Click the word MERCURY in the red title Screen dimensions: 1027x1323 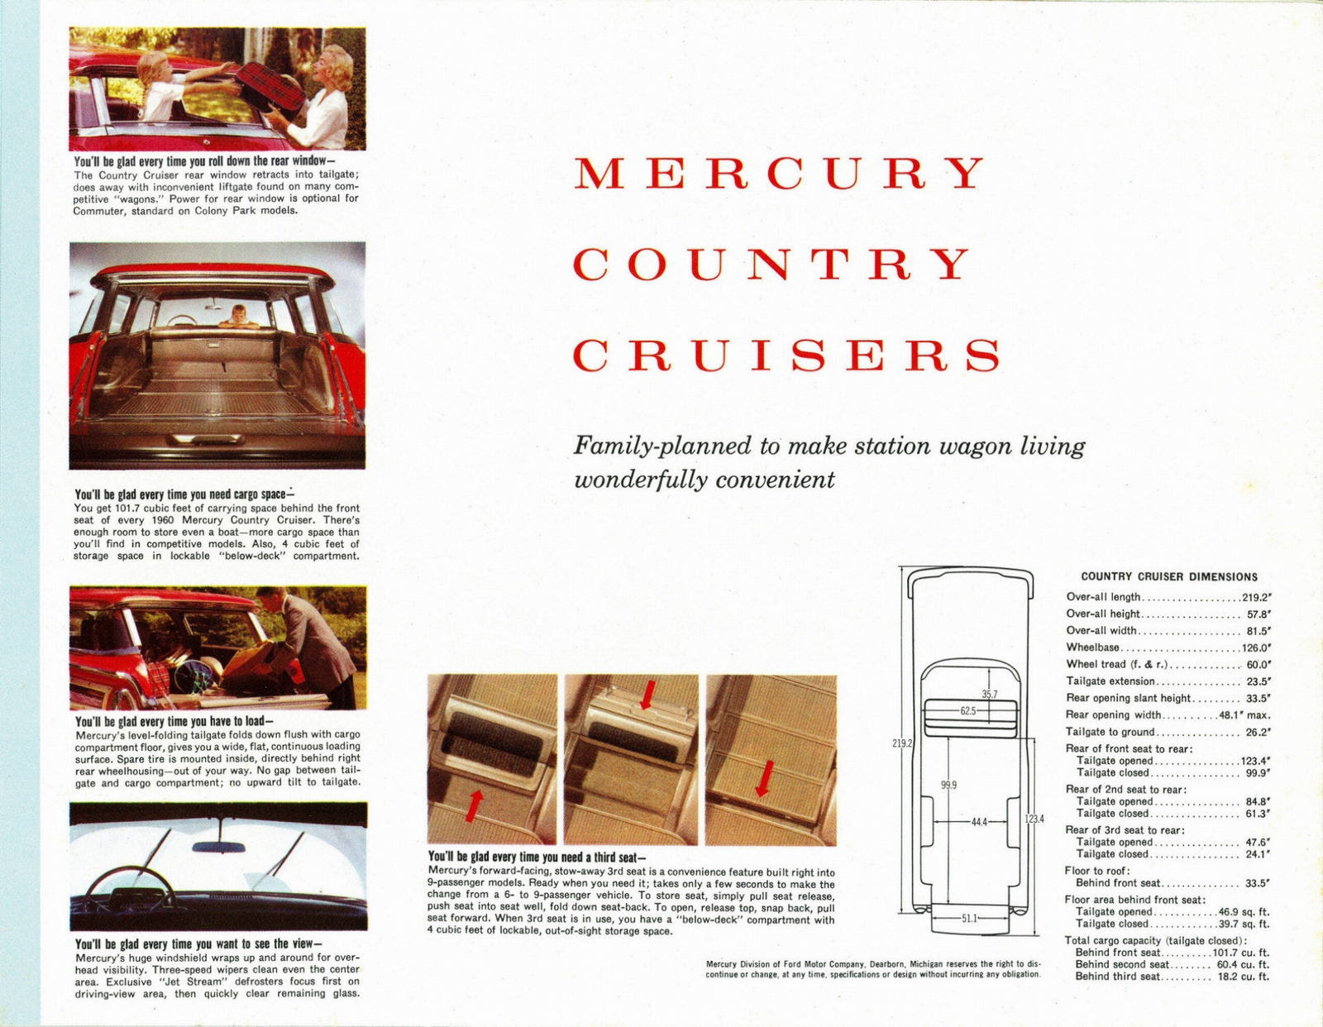click(x=780, y=173)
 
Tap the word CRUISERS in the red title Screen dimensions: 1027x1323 click(x=786, y=356)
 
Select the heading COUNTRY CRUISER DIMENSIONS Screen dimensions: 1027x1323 click(x=1169, y=577)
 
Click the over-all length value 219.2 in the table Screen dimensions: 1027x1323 click(x=1256, y=597)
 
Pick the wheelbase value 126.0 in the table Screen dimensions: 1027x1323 click(x=1256, y=648)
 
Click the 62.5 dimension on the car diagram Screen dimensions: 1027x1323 click(x=968, y=710)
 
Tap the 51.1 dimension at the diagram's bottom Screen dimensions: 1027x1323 click(x=970, y=918)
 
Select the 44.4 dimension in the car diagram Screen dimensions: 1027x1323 click(x=979, y=822)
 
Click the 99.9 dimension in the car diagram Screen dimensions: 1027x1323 click(x=948, y=785)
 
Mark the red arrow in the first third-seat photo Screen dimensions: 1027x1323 click(x=474, y=805)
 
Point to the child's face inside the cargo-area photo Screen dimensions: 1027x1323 click(x=239, y=313)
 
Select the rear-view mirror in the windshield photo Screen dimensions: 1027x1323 click(x=218, y=847)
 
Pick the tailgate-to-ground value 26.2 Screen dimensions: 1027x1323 click(x=1258, y=733)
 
